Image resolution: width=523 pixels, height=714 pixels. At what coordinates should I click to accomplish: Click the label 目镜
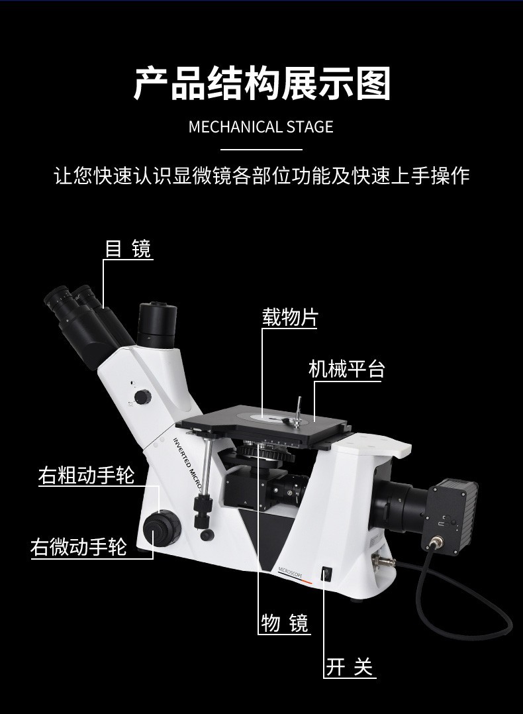coord(128,248)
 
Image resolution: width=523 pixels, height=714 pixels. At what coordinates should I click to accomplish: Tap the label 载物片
coord(290,317)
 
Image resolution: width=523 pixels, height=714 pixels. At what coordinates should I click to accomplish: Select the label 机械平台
coord(346,369)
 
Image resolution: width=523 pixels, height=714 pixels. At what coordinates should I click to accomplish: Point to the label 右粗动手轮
coord(86,476)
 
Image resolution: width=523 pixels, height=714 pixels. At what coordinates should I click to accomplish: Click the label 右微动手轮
coord(78,548)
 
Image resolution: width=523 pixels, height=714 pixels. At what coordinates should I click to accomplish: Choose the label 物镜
coord(285,623)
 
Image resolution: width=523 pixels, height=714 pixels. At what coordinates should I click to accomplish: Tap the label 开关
coord(350,667)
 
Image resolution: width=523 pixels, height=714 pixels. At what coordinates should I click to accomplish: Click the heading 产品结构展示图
coord(261,83)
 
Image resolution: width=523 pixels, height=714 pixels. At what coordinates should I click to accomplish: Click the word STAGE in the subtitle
coord(310,127)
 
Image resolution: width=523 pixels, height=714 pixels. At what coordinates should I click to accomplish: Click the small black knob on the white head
coord(142,397)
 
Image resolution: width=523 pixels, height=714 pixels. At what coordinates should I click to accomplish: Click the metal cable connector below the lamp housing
coord(437,544)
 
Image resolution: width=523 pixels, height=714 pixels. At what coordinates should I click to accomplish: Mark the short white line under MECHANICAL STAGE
coord(261,150)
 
